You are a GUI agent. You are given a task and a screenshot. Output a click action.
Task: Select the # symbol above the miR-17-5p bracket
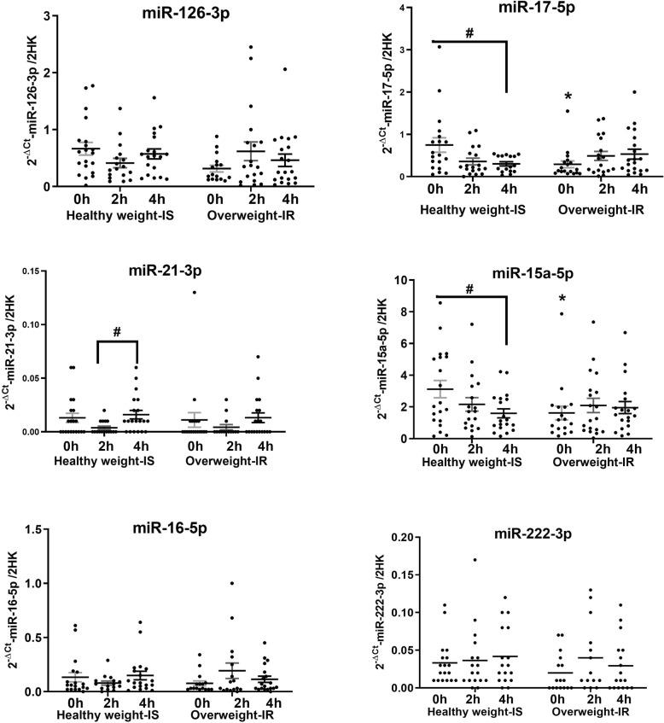(469, 33)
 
